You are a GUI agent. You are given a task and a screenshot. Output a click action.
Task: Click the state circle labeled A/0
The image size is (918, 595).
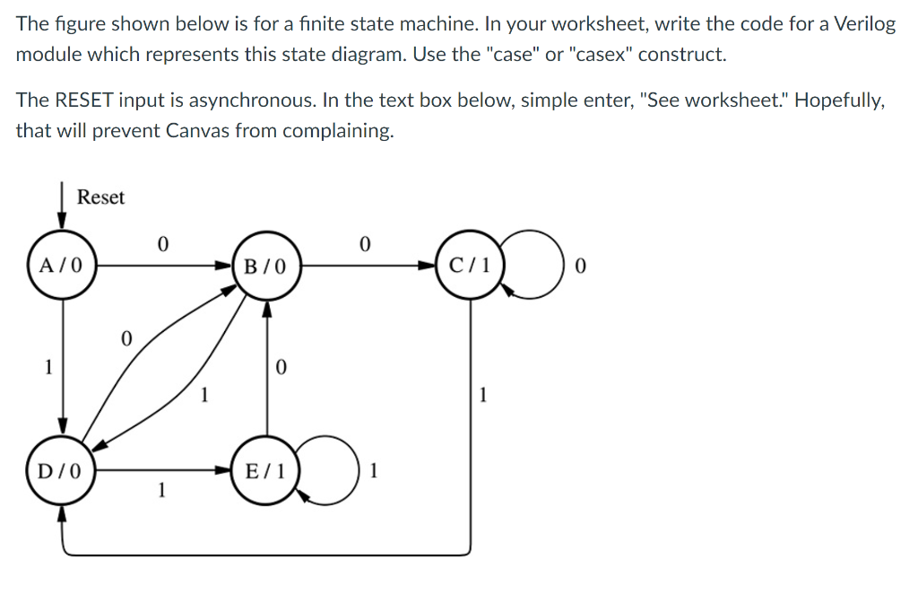click(62, 266)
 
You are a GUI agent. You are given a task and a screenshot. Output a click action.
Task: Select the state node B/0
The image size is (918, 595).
click(265, 266)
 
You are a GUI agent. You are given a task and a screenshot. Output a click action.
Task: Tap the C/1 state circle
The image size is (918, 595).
click(470, 266)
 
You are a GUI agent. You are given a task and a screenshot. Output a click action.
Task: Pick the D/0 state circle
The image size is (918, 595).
click(62, 469)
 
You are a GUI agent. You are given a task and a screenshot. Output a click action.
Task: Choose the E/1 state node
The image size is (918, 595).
click(265, 469)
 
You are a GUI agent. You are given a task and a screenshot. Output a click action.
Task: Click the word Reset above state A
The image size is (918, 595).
click(100, 197)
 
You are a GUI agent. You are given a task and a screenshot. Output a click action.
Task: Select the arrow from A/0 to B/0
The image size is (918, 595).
click(161, 266)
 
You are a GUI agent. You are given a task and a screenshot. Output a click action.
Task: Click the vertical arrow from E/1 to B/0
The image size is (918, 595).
click(265, 368)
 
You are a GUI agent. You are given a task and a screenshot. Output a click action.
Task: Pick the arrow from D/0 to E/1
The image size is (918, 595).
click(161, 469)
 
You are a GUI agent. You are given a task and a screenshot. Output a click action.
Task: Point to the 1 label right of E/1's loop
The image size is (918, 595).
click(375, 470)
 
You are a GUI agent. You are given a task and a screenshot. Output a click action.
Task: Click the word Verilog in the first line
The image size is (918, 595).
click(865, 24)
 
